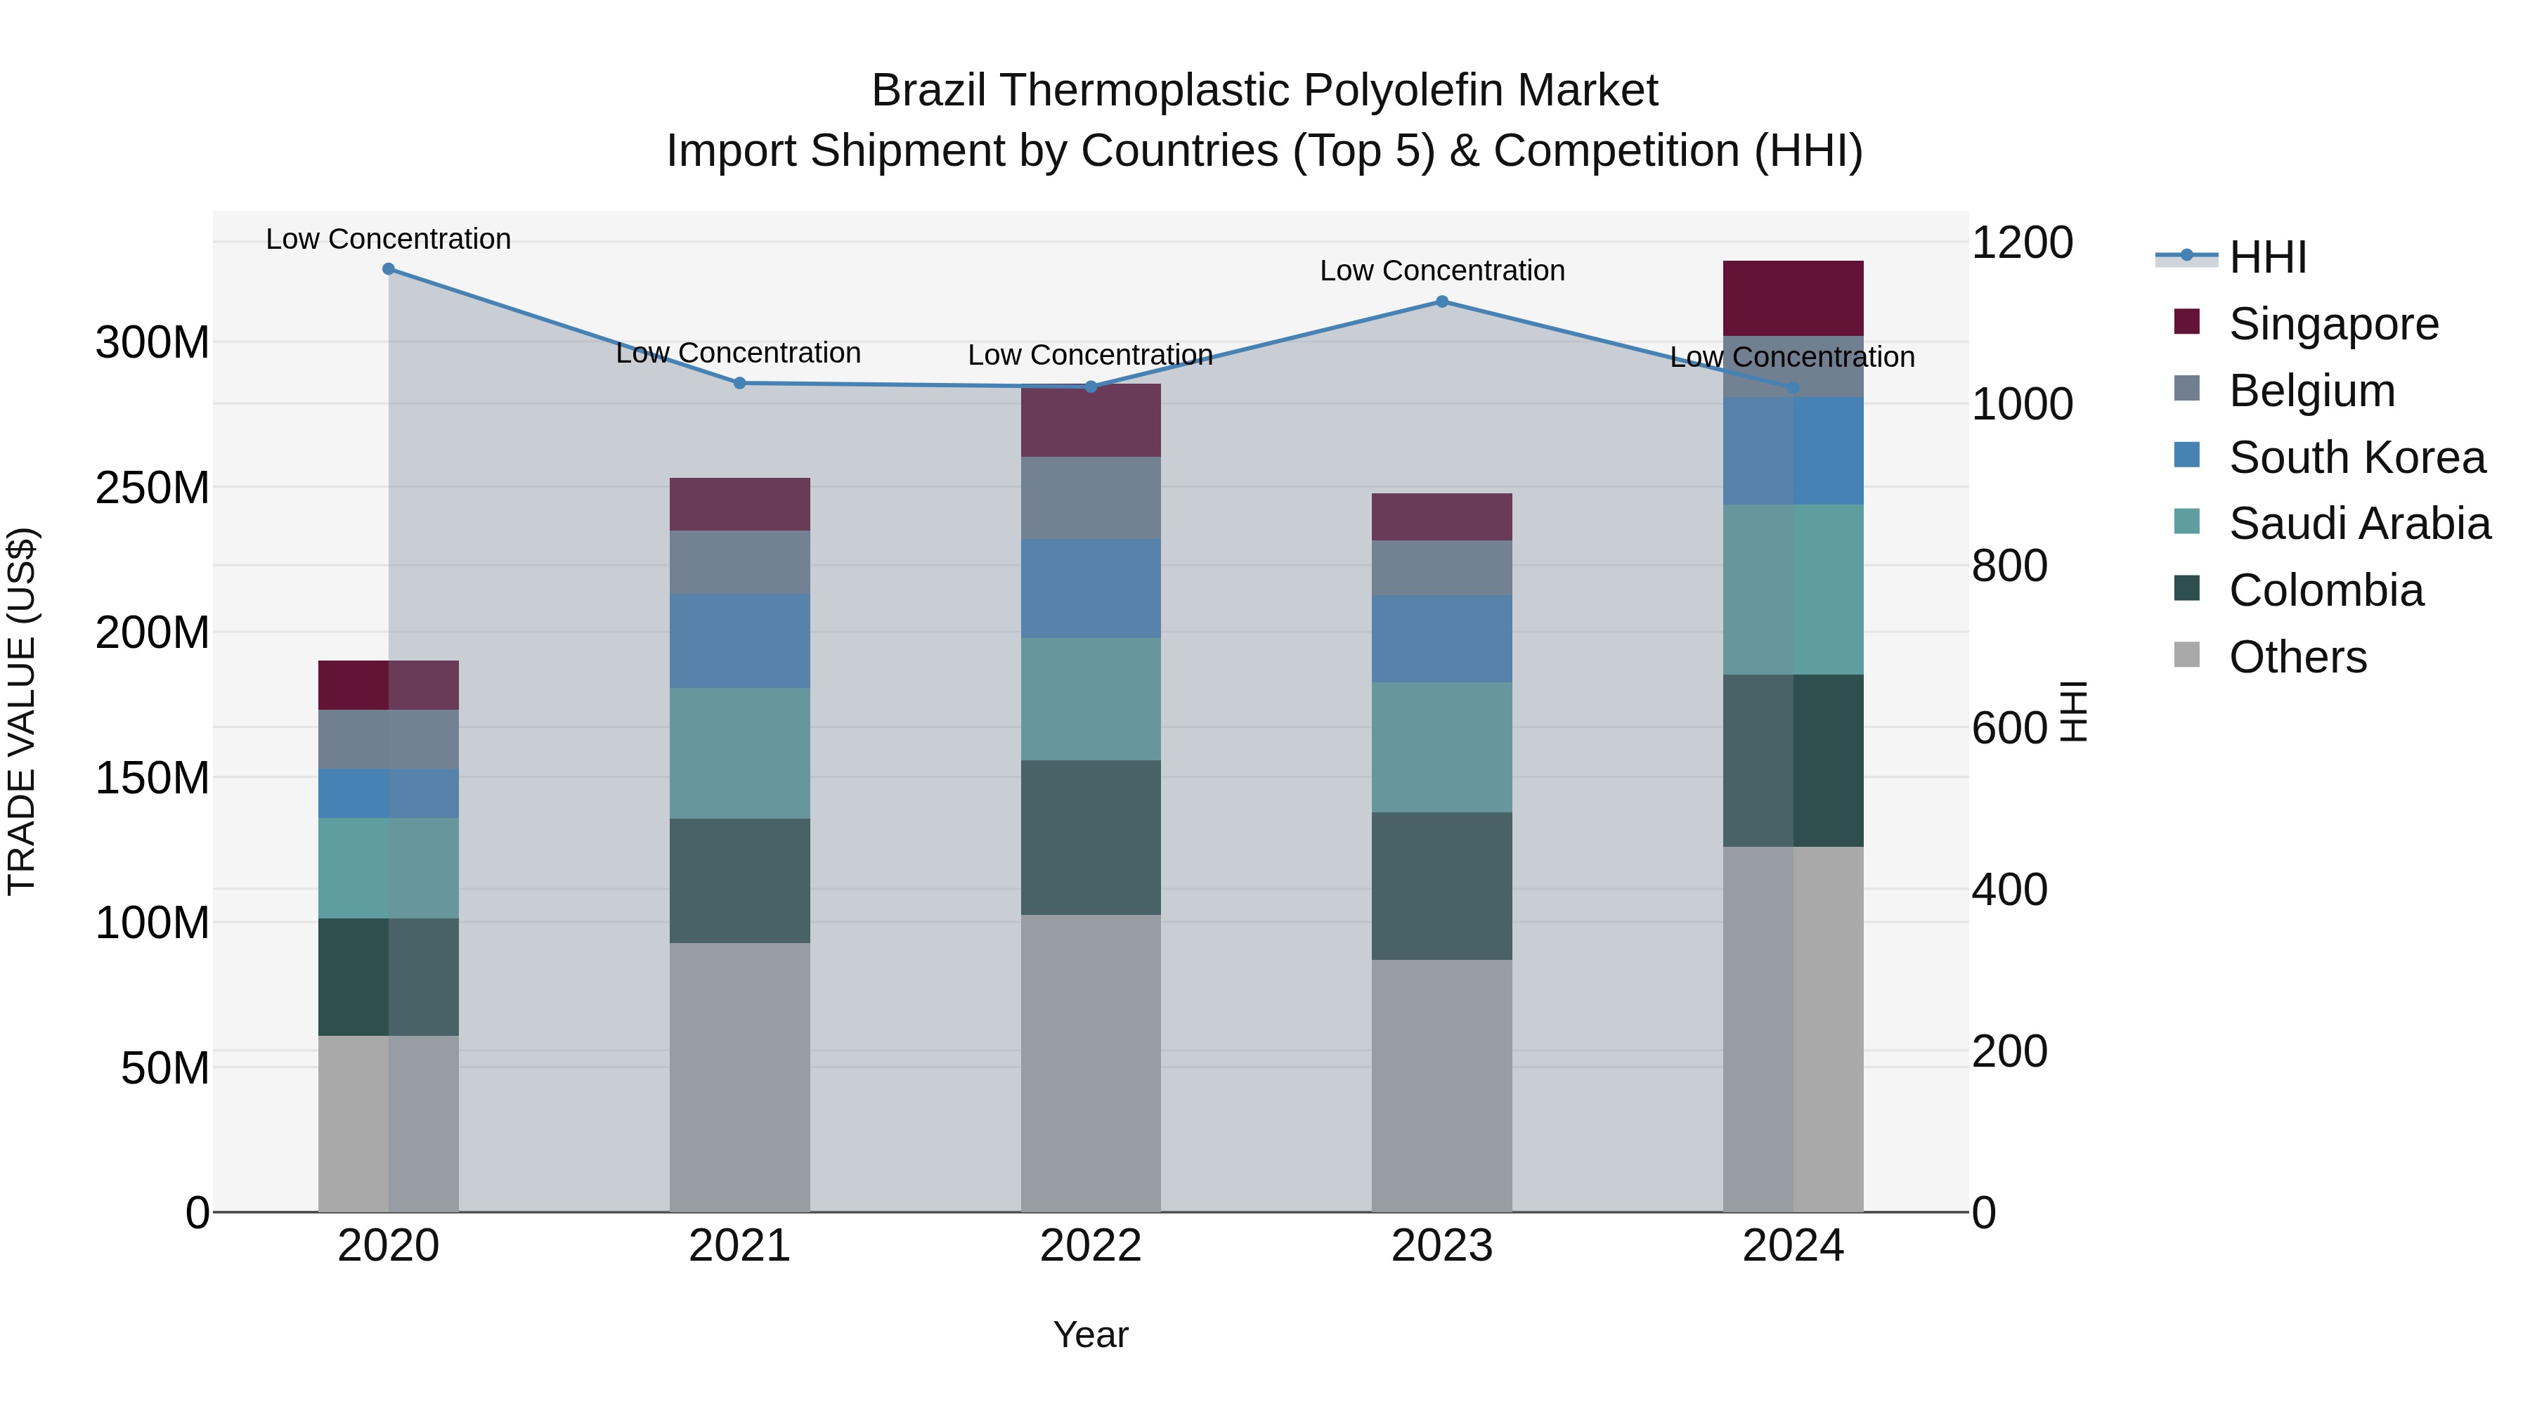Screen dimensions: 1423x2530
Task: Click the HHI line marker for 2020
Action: [388, 268]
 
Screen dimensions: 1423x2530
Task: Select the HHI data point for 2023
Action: [1442, 301]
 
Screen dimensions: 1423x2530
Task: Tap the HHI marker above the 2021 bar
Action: [739, 383]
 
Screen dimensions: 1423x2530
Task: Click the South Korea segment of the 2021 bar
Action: [739, 640]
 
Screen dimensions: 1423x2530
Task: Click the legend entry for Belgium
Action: [2311, 391]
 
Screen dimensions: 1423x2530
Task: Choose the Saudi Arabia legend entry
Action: [2358, 524]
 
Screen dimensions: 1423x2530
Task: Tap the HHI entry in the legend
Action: [2266, 257]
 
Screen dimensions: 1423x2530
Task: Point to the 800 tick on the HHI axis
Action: [2009, 566]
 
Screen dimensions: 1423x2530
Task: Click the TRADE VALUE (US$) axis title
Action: [22, 711]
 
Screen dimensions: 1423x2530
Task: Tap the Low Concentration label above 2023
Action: [1442, 271]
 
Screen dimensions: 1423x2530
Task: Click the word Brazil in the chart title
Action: [931, 91]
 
